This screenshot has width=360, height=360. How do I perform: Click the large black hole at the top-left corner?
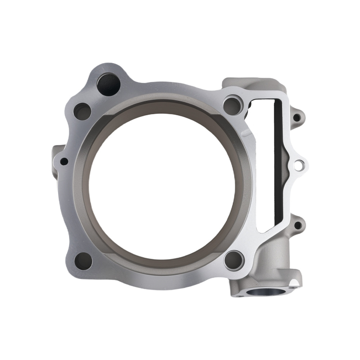pyautogui.click(x=108, y=84)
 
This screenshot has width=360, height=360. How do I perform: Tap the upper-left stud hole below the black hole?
pyautogui.click(x=82, y=111)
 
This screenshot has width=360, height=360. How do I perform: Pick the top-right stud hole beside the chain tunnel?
pyautogui.click(x=232, y=104)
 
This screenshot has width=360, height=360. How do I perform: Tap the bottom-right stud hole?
pyautogui.click(x=234, y=260)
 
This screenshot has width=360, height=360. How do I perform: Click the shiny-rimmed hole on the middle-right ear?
pyautogui.click(x=298, y=166)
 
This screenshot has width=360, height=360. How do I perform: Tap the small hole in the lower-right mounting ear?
pyautogui.click(x=297, y=226)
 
